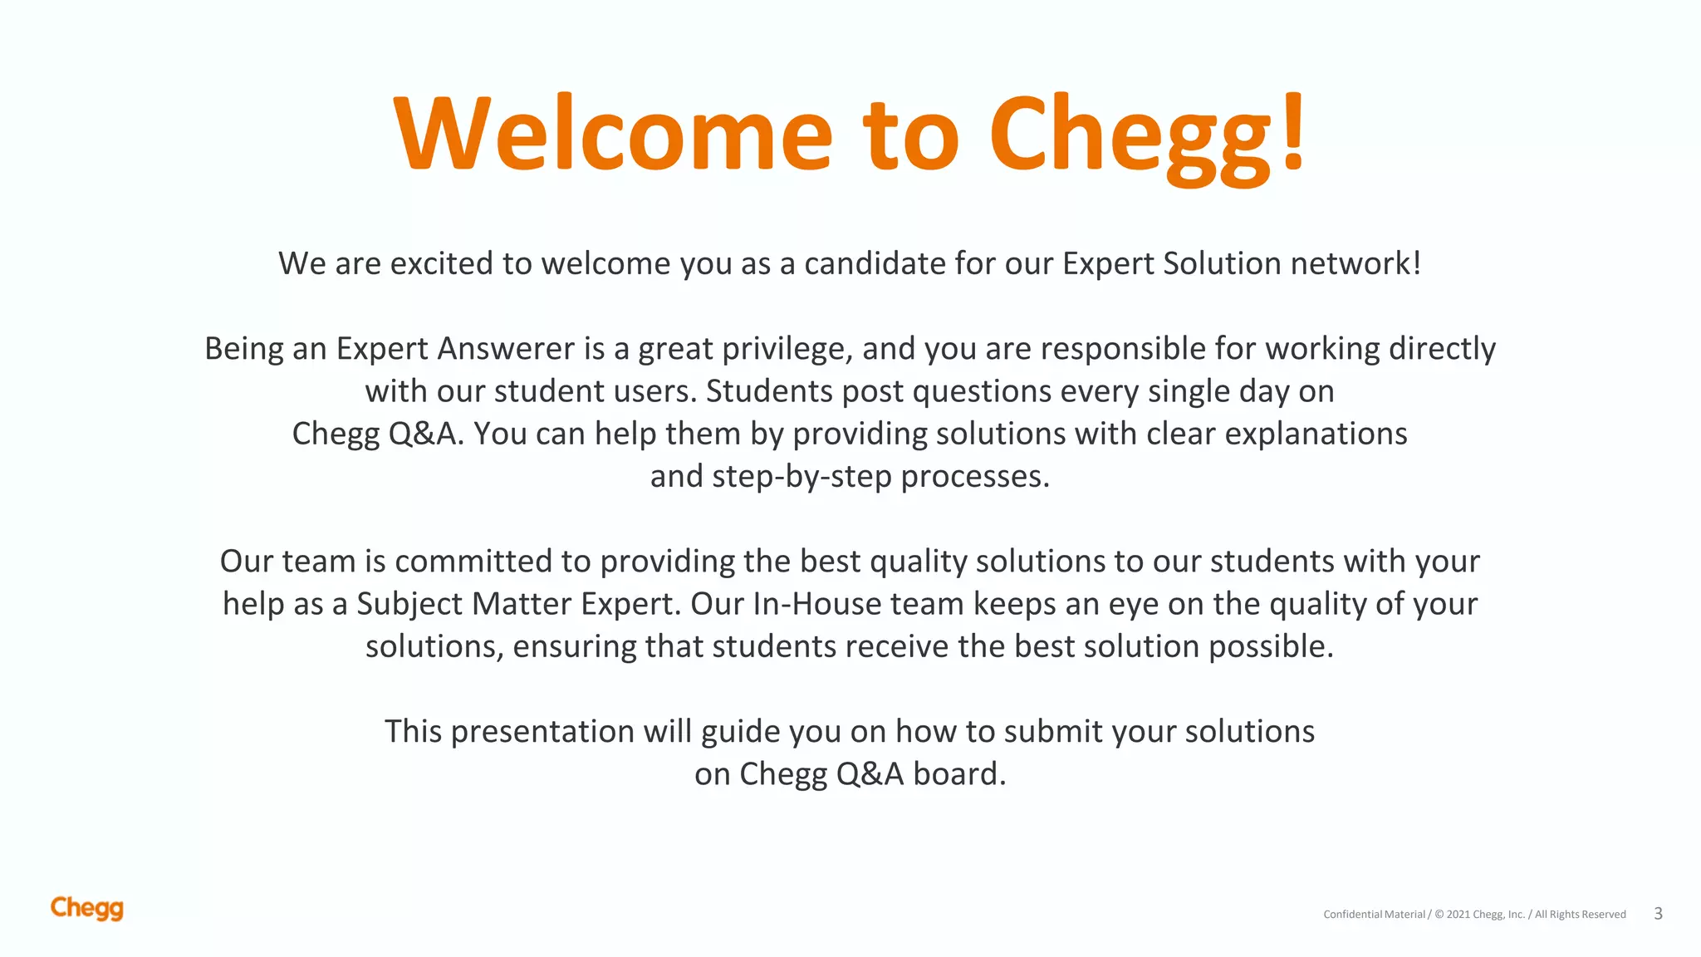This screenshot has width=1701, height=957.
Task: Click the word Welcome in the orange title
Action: (x=613, y=135)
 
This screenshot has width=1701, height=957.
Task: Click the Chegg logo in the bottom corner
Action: (x=87, y=908)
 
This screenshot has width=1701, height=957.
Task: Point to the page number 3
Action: (x=1658, y=914)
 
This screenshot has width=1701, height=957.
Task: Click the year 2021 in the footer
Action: (x=1458, y=915)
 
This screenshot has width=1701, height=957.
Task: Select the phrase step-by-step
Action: (x=801, y=477)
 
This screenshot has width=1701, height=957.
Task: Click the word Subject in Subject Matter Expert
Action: (x=409, y=605)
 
